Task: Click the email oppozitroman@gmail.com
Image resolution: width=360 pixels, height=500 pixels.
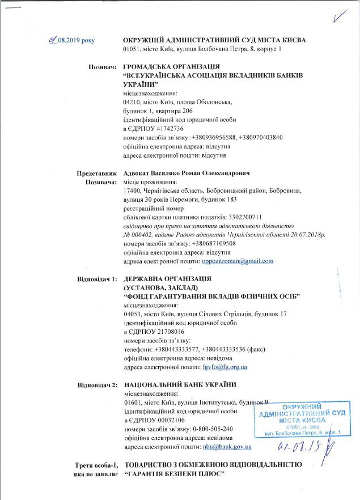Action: (x=238, y=261)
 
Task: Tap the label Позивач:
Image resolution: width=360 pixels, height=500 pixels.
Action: (x=101, y=67)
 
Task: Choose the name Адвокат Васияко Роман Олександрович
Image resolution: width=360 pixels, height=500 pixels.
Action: (x=187, y=173)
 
